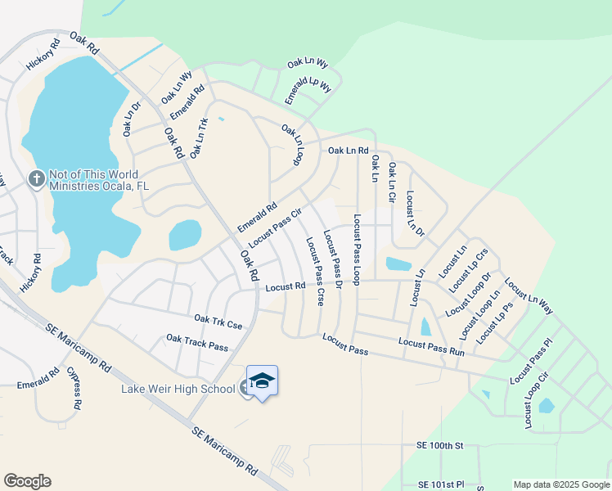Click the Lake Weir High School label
(179, 388)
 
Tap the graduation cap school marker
(262, 381)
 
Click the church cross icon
(36, 179)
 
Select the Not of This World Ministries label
(99, 179)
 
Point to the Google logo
(27, 481)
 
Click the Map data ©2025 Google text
(560, 484)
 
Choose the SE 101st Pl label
(441, 484)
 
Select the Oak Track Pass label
(196, 342)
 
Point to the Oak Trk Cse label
(218, 322)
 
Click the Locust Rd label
(286, 286)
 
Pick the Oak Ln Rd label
(349, 151)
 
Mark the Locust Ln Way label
(529, 297)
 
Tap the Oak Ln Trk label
(199, 137)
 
